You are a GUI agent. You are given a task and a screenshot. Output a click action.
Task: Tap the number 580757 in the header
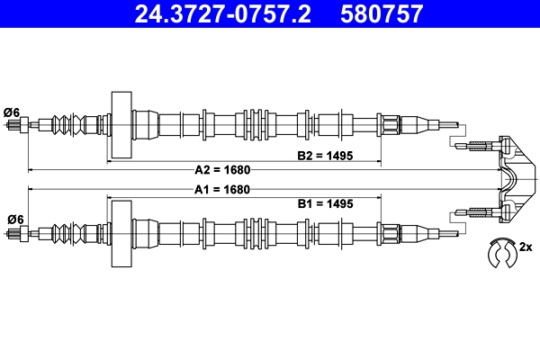tap(382, 14)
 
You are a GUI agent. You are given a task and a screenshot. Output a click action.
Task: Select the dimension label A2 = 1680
tap(222, 169)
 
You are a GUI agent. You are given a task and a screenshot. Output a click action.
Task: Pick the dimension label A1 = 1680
tap(222, 190)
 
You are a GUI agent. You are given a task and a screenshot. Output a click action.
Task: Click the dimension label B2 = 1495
tap(325, 155)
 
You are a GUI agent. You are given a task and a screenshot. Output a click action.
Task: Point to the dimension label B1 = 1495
tap(325, 204)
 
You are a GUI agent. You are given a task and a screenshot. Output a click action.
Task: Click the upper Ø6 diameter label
tap(13, 112)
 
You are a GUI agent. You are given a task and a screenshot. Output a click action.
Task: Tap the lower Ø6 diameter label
tap(13, 219)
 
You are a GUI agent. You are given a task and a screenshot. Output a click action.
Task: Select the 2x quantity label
tap(526, 247)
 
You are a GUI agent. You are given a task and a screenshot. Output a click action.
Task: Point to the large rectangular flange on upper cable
tap(120, 123)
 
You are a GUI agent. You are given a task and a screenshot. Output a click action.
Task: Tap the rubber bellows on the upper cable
tap(73, 123)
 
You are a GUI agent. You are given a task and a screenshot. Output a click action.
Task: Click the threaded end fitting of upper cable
tap(18, 124)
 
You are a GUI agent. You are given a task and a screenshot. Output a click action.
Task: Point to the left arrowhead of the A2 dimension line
tap(32, 169)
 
